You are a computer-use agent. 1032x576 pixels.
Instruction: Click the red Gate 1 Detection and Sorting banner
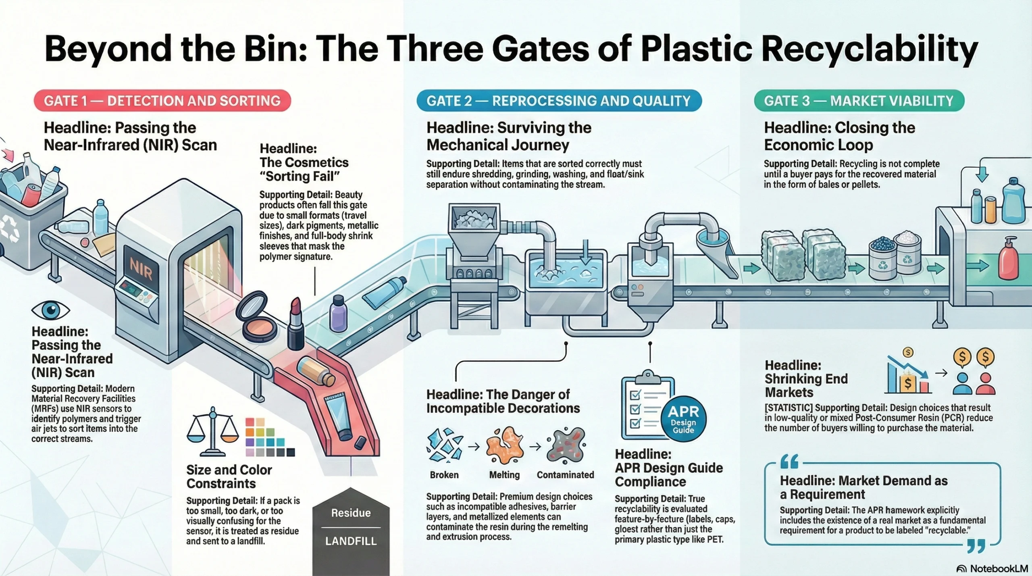click(162, 101)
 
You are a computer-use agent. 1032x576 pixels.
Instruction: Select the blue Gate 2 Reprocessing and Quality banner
click(559, 101)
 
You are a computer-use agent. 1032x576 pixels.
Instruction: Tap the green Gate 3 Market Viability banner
click(859, 101)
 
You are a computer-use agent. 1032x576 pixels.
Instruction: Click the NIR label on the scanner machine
click(141, 269)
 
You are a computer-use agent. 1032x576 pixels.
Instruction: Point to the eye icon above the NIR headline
click(51, 310)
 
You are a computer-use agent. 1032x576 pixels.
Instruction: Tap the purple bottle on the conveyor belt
click(338, 313)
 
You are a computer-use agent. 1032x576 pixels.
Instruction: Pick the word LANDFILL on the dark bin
click(351, 541)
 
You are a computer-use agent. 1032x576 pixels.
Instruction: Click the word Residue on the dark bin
click(351, 513)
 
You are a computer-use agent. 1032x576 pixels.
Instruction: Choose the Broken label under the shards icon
click(444, 475)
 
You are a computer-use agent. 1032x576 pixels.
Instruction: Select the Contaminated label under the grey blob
click(565, 475)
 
